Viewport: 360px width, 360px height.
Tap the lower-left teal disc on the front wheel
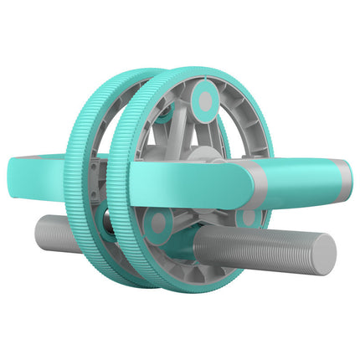pyautogui.click(x=157, y=222)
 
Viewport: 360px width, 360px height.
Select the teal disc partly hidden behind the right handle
pyautogui.click(x=248, y=216)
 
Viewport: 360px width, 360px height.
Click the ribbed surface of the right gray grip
pyautogui.click(x=251, y=246)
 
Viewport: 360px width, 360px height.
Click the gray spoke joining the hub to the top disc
pyautogui.click(x=201, y=130)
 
